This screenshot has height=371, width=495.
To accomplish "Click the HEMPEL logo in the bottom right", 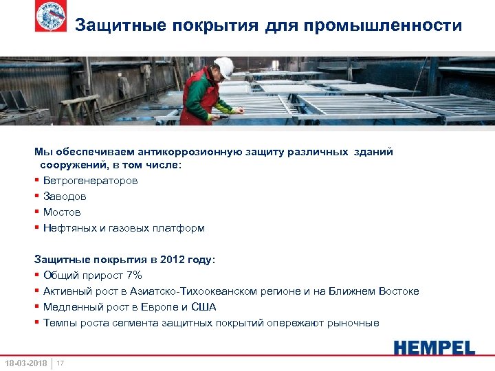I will click(x=434, y=347).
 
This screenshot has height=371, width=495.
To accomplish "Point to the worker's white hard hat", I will click(x=223, y=67).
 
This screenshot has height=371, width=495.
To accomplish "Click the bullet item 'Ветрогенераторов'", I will click(x=90, y=181).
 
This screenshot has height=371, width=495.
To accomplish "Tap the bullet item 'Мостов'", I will click(x=62, y=212).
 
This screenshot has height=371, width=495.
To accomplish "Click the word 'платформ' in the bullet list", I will click(x=183, y=228).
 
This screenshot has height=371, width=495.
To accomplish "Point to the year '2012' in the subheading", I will click(x=171, y=260).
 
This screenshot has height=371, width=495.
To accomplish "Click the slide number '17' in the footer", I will click(x=60, y=363).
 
